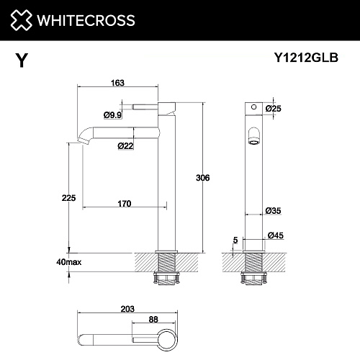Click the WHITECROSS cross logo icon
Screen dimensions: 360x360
[21, 20]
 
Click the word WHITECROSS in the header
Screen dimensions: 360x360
[86, 20]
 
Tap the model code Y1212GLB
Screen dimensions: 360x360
[306, 58]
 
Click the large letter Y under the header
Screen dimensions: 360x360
[22, 60]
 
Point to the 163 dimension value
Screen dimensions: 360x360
[117, 83]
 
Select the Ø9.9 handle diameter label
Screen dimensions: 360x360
[112, 115]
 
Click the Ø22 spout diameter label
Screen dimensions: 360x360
[125, 145]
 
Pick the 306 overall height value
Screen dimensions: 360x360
[203, 178]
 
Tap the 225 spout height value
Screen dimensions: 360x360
[68, 198]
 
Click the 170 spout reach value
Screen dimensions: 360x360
[125, 204]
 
